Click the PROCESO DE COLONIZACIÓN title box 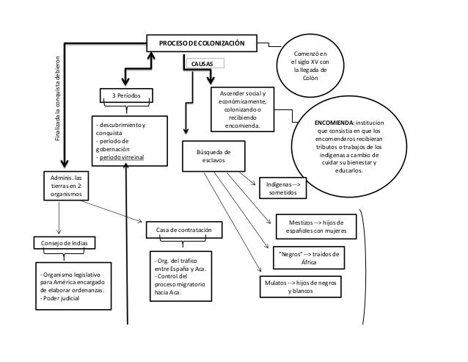tap(202, 43)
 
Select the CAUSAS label tap(202, 64)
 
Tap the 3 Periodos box tap(126, 95)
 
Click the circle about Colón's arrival tap(310, 65)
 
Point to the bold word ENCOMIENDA tap(334, 123)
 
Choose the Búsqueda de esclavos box tap(213, 156)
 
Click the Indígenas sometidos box tap(283, 188)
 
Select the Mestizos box tap(316, 227)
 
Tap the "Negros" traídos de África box tap(309, 258)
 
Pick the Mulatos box tap(301, 286)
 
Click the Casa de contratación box tap(184, 230)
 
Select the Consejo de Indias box tap(65, 243)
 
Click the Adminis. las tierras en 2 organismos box tap(66, 186)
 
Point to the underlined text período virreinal tap(122, 157)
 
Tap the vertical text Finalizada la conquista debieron tap(58, 98)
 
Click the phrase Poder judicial tap(61, 298)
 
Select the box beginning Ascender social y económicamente tap(242, 109)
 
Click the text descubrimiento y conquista tap(120, 128)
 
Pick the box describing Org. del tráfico tap(181, 276)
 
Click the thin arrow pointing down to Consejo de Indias tap(59, 218)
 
